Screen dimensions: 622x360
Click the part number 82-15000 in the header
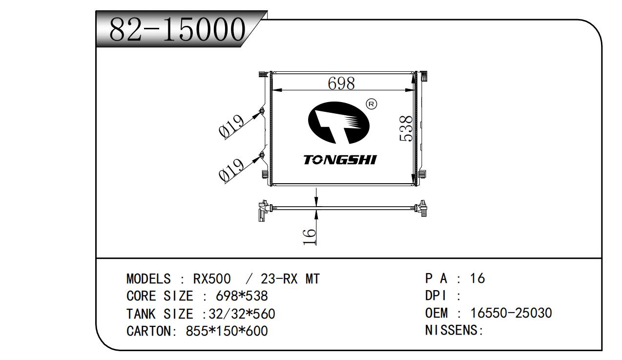coord(177,29)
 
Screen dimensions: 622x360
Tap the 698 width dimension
coord(341,83)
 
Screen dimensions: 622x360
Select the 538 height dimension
coord(406,128)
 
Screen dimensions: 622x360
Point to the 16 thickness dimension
coord(310,237)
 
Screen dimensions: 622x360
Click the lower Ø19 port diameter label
coord(231,170)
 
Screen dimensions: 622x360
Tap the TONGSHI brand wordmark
coord(340,160)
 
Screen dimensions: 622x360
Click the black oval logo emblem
coord(339,123)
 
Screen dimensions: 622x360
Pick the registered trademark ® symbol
coord(372,104)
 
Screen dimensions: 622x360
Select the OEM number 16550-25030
coord(511,313)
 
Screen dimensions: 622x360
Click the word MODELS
coord(148,279)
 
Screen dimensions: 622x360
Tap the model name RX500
coord(212,279)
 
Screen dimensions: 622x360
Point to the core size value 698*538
coord(242,296)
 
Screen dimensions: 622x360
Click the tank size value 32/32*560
coord(242,314)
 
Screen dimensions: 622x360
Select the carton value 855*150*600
coord(227,331)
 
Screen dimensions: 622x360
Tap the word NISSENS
coord(451,330)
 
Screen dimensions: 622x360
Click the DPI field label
coord(436,296)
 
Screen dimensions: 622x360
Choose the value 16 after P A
coord(477,278)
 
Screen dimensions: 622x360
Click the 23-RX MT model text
coord(290,279)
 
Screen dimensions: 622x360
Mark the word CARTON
coord(148,331)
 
